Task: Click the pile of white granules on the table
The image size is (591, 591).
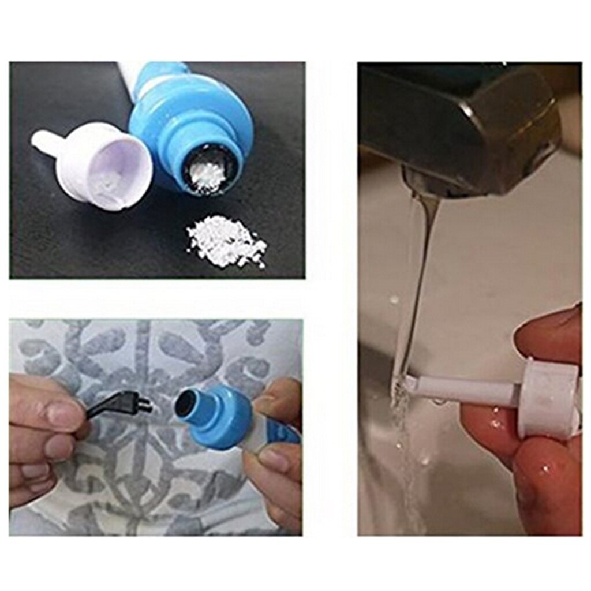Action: pos(227,241)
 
